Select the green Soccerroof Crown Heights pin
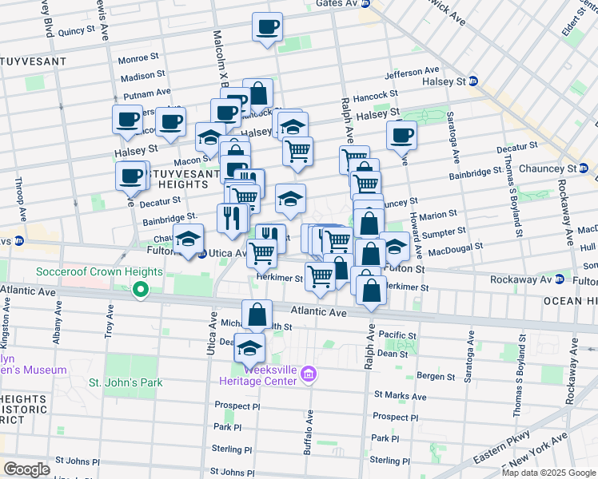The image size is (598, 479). tap(141, 290)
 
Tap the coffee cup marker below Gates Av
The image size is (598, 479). tap(267, 28)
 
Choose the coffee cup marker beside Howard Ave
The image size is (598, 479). tap(401, 136)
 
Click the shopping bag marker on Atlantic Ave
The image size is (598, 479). tap(257, 315)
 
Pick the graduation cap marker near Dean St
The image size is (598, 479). tap(249, 348)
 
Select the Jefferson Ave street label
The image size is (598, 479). tap(412, 73)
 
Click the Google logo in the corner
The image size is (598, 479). tap(26, 469)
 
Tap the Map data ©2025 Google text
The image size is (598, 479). tap(548, 473)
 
